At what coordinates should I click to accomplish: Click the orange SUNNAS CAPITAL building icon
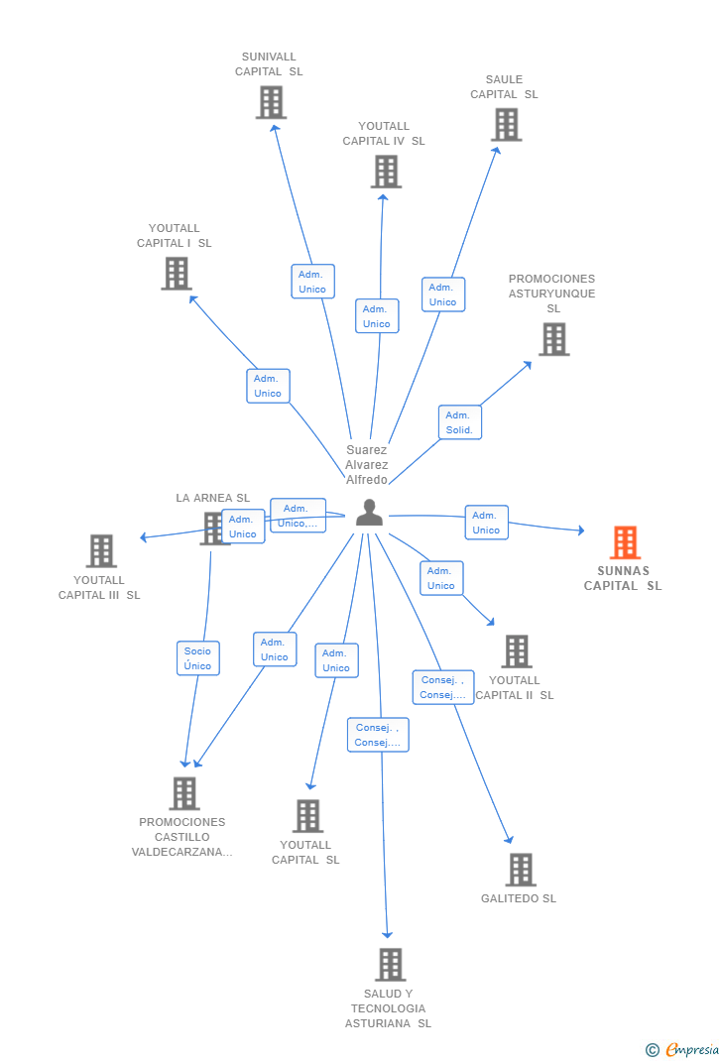click(624, 542)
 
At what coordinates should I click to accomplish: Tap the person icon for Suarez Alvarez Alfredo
click(369, 513)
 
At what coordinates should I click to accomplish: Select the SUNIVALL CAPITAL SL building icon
click(271, 102)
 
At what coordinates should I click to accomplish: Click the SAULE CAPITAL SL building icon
click(506, 125)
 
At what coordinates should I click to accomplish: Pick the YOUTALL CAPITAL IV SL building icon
click(386, 172)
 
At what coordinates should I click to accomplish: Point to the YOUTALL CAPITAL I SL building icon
click(177, 274)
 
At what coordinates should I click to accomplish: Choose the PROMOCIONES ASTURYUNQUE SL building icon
click(553, 339)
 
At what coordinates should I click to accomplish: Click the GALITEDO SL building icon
click(520, 870)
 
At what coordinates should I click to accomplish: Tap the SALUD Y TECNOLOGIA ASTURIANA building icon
click(390, 964)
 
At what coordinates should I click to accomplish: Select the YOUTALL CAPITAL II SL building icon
click(517, 651)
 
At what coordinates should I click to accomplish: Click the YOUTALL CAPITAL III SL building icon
click(101, 551)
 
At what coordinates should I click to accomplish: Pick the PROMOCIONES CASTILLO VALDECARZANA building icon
click(184, 793)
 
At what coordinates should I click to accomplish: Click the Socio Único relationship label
click(197, 658)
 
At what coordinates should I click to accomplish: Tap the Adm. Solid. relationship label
click(459, 422)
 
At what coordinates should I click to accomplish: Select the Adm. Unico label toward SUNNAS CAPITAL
click(486, 523)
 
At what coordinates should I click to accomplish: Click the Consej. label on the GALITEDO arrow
click(443, 687)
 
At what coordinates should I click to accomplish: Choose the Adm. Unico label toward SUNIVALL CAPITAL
click(312, 282)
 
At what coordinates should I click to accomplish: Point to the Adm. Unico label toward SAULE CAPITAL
click(442, 295)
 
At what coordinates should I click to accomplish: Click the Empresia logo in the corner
click(683, 1049)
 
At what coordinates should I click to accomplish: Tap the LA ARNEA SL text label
click(213, 498)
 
